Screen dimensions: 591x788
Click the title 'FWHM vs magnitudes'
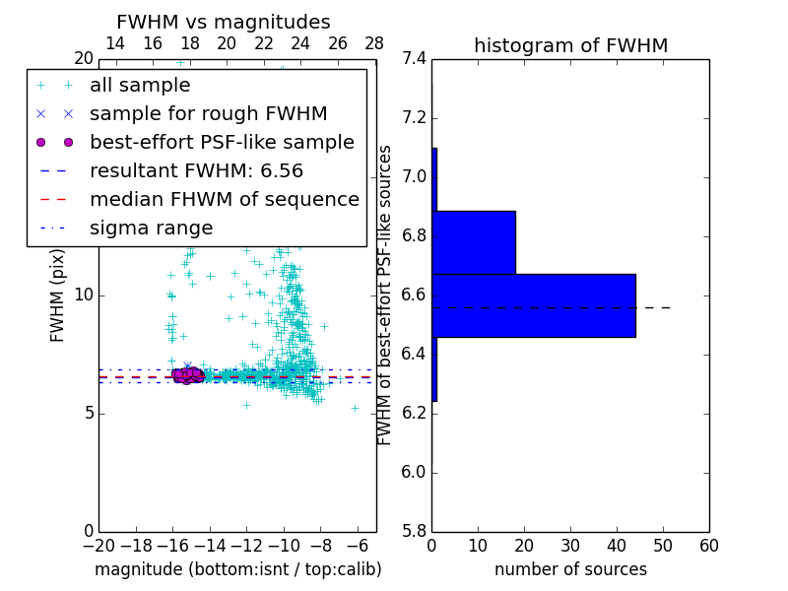click(224, 23)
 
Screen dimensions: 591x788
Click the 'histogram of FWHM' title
click(570, 46)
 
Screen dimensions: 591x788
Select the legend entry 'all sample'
click(140, 86)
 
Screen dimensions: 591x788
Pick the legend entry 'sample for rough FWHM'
click(208, 114)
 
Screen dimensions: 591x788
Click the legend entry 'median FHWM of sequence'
click(224, 200)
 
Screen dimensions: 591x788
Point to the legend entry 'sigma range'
click(151, 229)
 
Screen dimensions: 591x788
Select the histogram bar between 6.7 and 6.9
click(473, 242)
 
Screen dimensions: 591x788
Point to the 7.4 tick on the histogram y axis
click(415, 59)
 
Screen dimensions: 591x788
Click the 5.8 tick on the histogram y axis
click(415, 531)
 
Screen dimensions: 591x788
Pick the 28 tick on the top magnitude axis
click(375, 44)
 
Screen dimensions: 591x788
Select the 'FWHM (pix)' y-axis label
click(58, 295)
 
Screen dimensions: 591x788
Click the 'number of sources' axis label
click(570, 569)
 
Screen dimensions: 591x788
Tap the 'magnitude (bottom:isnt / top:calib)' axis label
click(237, 569)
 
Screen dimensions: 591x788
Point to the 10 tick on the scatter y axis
click(84, 295)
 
